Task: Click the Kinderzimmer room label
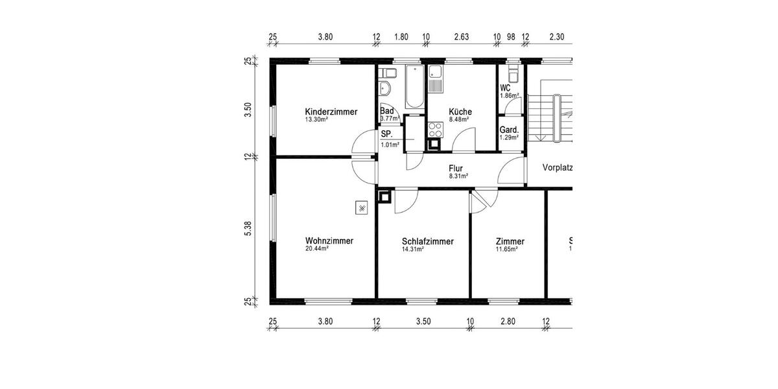coord(331,112)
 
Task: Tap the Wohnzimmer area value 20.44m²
coord(317,248)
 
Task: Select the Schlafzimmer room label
coord(427,241)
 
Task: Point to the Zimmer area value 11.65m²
coord(506,249)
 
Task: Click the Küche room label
coord(460,112)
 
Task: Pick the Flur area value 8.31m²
coord(458,176)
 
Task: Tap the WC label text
coord(505,88)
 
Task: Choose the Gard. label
coord(508,130)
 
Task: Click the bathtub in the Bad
coord(414,86)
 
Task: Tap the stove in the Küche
coord(434,129)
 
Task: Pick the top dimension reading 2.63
coord(462,37)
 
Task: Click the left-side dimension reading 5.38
coord(248,229)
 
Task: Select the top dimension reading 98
coord(512,37)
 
